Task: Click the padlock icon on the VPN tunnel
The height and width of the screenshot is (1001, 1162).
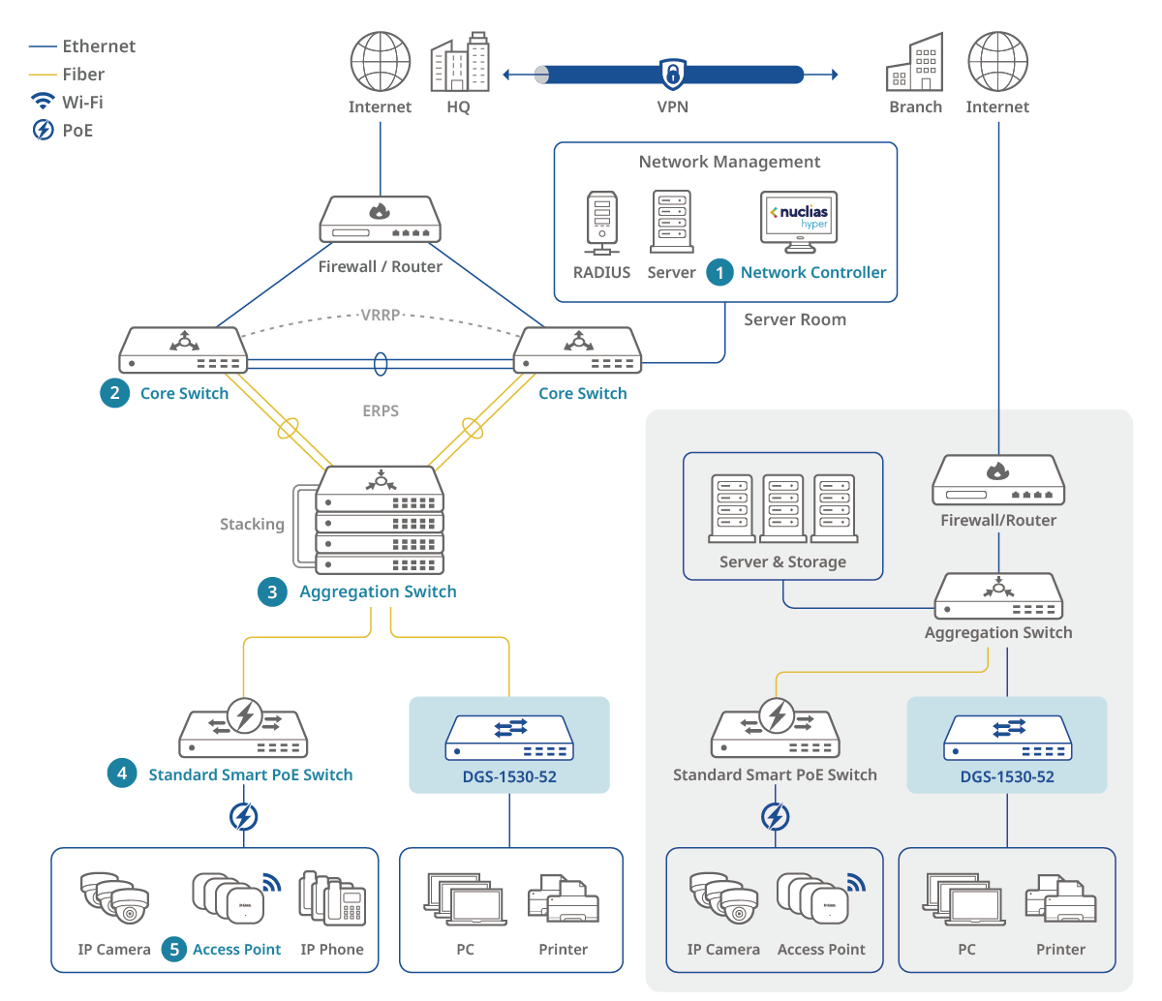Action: coord(672,74)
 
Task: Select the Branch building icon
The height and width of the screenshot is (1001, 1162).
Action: coord(914,64)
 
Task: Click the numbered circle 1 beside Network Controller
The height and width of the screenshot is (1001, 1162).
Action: coord(719,273)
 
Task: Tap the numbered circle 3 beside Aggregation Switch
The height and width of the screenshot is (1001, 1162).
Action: coord(272,591)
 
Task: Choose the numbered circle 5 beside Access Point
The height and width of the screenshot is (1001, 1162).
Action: coord(174,950)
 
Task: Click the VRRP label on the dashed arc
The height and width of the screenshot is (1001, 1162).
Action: coord(381,315)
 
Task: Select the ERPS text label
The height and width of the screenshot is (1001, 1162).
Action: coord(381,410)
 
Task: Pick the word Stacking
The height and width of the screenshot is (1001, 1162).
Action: coord(252,524)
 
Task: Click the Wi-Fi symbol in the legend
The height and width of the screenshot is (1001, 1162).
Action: coord(43,102)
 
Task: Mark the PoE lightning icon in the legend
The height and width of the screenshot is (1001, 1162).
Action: coord(44,130)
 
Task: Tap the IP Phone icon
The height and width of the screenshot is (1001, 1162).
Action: coord(332,899)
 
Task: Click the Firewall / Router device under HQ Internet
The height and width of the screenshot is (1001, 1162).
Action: coord(380,221)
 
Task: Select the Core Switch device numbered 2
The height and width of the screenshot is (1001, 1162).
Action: coord(183,350)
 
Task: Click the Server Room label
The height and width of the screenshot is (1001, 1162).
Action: coord(795,319)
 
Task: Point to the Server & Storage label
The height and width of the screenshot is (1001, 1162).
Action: coord(782,561)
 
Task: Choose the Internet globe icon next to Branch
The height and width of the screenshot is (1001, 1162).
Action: coord(997,62)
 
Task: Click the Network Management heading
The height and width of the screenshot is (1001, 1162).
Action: coord(729,162)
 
